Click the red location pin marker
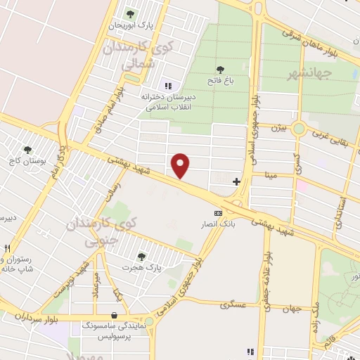point(181,165)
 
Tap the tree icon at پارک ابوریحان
point(129,13)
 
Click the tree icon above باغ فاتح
point(220,70)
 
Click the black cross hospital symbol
point(236,181)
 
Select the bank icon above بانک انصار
point(218,213)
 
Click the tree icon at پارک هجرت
point(142,257)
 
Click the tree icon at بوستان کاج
point(27,149)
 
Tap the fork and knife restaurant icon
point(7,247)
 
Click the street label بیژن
point(279,127)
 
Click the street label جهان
point(292,309)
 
